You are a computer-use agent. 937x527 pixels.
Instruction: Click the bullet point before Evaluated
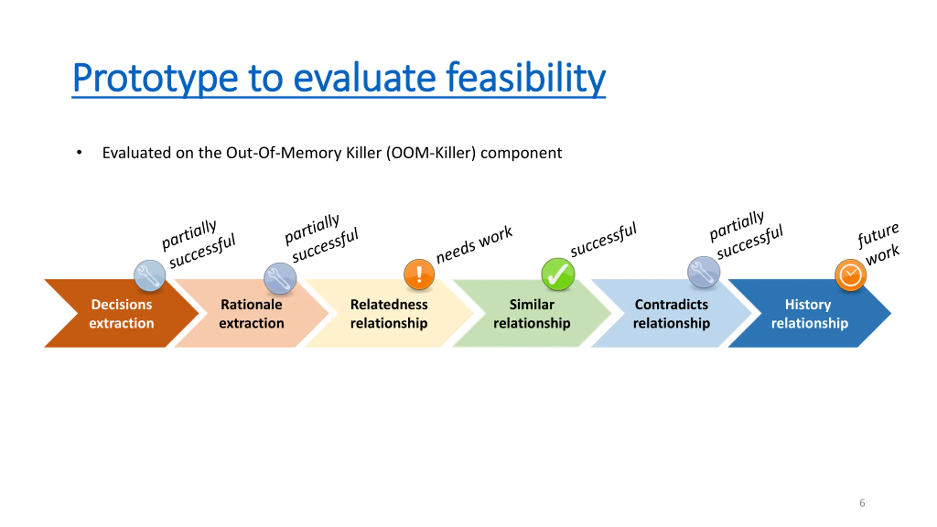79,153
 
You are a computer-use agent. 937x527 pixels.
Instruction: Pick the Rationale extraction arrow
251,314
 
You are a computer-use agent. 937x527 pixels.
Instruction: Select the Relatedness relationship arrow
389,314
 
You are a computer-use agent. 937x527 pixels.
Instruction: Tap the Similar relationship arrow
531,314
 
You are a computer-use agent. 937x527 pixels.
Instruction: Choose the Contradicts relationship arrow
671,314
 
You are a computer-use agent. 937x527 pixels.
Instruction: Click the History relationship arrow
809,314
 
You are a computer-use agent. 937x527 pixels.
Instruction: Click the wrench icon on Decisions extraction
149,275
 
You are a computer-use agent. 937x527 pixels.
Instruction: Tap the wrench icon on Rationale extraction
280,278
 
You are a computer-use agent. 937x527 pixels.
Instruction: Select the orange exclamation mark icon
419,274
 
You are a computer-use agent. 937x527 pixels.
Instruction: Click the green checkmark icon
558,274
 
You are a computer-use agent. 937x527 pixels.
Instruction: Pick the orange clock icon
850,275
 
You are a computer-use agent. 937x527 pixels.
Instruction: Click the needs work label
474,244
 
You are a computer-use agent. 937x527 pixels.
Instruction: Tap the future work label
878,244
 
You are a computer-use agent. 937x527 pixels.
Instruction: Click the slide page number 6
862,503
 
